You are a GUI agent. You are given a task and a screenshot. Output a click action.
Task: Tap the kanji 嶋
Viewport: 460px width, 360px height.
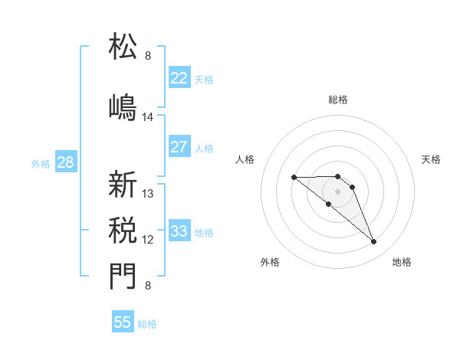click(x=123, y=106)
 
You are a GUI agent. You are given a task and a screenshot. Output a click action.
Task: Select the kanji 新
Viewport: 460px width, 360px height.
click(x=123, y=185)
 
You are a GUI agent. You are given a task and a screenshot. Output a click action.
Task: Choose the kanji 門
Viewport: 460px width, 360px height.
click(x=123, y=277)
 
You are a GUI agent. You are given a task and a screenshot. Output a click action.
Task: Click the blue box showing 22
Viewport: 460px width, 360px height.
click(x=179, y=78)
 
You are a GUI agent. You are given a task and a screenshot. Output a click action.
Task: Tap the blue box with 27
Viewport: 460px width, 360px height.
click(x=179, y=147)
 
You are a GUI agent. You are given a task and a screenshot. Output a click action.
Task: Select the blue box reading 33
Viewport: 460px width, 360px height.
click(x=179, y=231)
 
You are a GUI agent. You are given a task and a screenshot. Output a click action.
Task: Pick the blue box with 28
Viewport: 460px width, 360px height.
click(x=65, y=162)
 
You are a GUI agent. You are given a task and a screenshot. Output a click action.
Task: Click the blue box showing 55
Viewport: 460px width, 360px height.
click(x=123, y=322)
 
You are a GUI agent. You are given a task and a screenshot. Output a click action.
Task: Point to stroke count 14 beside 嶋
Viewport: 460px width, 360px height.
click(x=148, y=117)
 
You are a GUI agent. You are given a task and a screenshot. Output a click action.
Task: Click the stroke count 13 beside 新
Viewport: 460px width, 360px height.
click(x=148, y=194)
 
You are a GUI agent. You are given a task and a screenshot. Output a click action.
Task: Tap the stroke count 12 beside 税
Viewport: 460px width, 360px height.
click(x=148, y=240)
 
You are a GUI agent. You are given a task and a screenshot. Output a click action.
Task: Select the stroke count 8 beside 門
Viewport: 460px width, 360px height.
click(x=148, y=286)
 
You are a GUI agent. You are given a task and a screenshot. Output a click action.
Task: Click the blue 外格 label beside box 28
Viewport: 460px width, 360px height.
click(x=41, y=163)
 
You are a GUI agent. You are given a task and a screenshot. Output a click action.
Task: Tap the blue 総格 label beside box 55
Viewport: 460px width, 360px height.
click(x=147, y=324)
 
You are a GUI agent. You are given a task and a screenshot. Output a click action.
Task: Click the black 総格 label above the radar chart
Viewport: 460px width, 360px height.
click(x=338, y=100)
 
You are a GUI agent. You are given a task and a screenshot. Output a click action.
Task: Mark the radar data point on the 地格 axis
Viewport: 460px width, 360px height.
click(x=374, y=242)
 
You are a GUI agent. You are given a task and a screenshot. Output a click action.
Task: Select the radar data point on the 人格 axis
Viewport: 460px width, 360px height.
click(x=294, y=178)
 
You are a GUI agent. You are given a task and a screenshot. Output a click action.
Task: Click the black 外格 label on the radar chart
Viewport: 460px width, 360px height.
click(x=270, y=262)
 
